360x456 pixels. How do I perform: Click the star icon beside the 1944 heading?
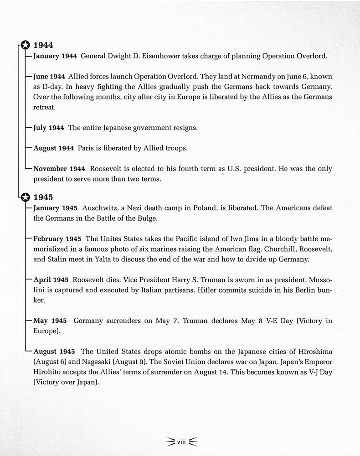tap(26, 45)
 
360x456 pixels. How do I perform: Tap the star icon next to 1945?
tap(26, 197)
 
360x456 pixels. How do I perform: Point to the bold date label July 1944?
tap(48, 128)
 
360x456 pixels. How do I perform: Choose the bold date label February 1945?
tap(57, 239)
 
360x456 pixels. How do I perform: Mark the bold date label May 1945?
tap(50, 321)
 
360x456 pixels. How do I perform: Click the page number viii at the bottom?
tap(181, 440)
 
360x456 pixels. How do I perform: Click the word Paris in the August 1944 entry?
tap(85, 149)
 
